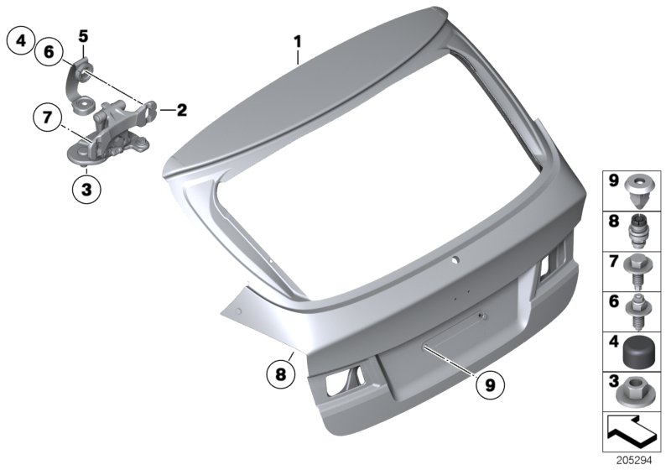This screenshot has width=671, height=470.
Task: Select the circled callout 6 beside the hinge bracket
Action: click(x=49, y=52)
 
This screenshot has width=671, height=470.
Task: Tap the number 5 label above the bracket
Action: click(x=83, y=35)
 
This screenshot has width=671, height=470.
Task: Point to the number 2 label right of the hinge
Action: click(x=182, y=109)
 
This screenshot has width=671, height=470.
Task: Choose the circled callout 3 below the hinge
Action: click(x=86, y=188)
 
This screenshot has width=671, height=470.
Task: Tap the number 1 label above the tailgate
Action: click(x=296, y=39)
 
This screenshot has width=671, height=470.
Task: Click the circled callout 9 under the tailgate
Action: click(x=489, y=385)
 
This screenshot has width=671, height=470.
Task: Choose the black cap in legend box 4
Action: click(x=641, y=350)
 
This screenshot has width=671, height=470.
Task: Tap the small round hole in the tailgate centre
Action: click(x=454, y=261)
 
